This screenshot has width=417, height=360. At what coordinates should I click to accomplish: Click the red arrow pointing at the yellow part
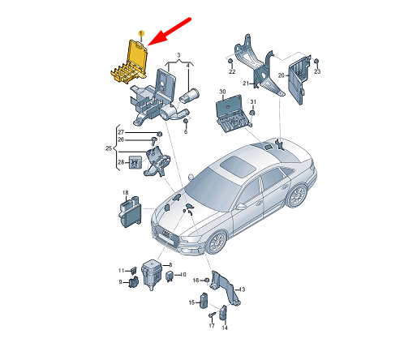tap(170, 32)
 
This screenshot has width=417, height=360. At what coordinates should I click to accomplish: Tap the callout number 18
tap(125, 193)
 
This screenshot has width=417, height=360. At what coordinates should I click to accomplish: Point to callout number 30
tap(222, 92)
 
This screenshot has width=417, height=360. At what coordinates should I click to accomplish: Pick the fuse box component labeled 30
tap(233, 114)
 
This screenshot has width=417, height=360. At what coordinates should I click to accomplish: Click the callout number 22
tap(232, 71)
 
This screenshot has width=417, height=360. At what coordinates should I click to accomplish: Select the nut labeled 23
tap(316, 62)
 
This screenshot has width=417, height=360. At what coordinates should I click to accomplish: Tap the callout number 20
tap(282, 75)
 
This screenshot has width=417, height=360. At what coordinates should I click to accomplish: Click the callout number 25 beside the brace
tap(109, 148)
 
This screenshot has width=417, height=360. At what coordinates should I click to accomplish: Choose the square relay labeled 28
tap(135, 162)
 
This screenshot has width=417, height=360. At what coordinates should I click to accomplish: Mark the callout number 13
tap(243, 289)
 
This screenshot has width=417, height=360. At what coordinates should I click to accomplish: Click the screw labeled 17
tap(212, 315)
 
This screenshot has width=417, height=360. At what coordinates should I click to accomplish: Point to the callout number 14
tap(225, 328)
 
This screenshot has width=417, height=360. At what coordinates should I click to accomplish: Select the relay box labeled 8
tap(152, 275)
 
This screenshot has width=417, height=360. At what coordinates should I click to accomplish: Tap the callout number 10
tap(183, 275)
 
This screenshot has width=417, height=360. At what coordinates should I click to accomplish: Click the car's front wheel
tap(217, 242)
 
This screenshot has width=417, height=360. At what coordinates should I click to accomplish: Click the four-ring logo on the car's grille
tap(166, 234)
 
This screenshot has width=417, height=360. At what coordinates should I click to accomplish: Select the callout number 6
tap(186, 131)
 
